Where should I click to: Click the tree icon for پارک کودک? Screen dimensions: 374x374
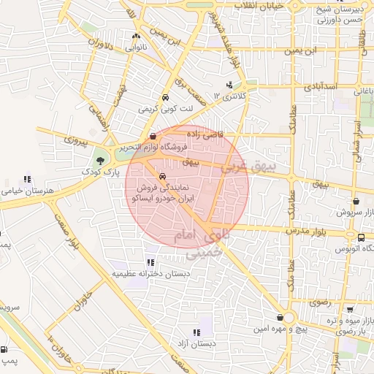coord(99,160)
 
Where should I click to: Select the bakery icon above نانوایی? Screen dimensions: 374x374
coord(136,36)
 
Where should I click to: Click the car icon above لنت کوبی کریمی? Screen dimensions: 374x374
coord(167,97)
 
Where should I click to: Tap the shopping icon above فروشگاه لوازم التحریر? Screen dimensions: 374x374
coord(152,136)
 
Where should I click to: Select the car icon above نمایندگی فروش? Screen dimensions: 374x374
coord(162,176)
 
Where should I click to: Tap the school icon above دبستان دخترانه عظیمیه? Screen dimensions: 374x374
coord(150,262)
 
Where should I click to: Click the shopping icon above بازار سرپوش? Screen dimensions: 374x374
coord(356,201)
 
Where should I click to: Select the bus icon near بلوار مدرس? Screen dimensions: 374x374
coord(361,237)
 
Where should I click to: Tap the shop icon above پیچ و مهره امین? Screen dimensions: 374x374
coord(281,318)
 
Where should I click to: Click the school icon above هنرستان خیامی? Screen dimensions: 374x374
coord(28,178)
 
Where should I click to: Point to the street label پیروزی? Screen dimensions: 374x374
coord(76,137)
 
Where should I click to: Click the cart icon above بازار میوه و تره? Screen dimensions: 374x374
coord(349,309)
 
